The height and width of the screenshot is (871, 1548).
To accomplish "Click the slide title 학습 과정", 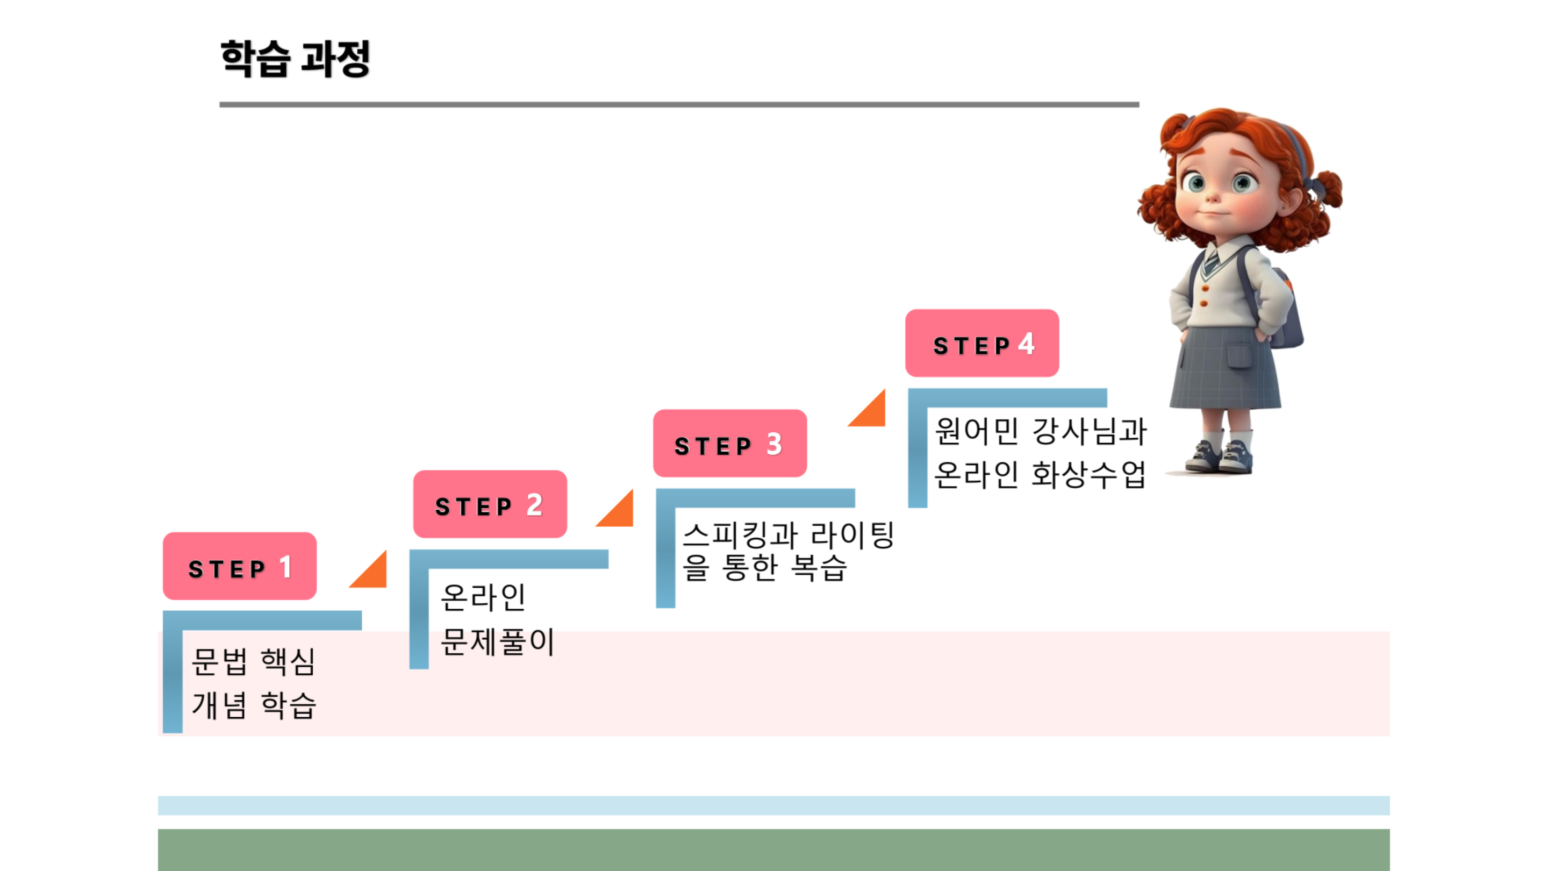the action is (295, 59).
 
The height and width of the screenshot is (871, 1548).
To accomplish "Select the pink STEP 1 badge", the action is (240, 566).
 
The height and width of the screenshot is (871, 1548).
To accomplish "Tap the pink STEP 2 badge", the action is (490, 504).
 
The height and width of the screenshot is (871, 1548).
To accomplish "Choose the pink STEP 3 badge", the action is (730, 443).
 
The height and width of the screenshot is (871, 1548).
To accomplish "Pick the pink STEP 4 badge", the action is (982, 342).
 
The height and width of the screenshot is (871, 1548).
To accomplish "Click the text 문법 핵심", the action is (253, 661).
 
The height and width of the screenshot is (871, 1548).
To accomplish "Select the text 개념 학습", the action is (254, 704).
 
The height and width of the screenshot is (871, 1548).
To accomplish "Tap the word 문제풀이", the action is (498, 641).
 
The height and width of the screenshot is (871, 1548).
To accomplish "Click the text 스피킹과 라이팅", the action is (789, 535).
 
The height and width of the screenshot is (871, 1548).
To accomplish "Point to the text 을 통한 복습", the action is (764, 567).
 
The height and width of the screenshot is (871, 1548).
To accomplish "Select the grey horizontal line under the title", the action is (679, 105).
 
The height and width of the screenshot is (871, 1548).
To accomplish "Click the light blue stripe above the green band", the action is (774, 805).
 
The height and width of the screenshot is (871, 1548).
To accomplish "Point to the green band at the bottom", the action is (774, 850).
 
